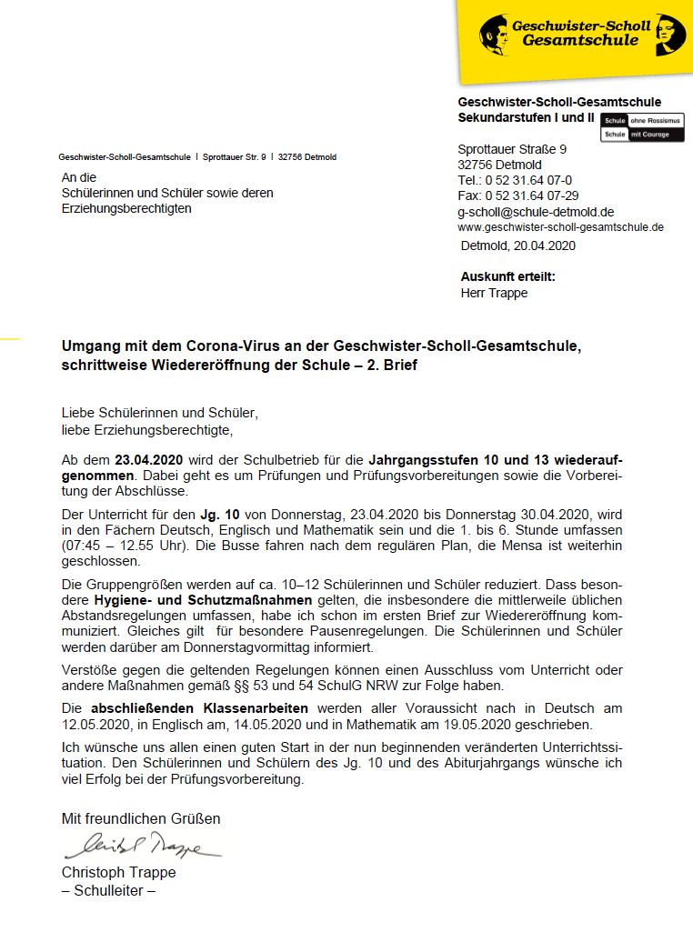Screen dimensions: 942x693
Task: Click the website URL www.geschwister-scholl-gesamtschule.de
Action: pos(560,227)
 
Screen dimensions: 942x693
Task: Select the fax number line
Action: pos(517,195)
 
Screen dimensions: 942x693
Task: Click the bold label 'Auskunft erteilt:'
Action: pos(507,276)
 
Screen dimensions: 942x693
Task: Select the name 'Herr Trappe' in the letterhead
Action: pos(494,293)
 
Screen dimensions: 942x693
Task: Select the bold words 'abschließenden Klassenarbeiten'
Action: pos(199,708)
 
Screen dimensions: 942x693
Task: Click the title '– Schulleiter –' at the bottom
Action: pos(108,890)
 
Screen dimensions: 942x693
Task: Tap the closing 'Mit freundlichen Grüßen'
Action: pos(140,818)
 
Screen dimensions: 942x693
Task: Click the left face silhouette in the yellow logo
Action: pos(496,35)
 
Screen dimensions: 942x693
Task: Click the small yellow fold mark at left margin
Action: pos(9,338)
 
